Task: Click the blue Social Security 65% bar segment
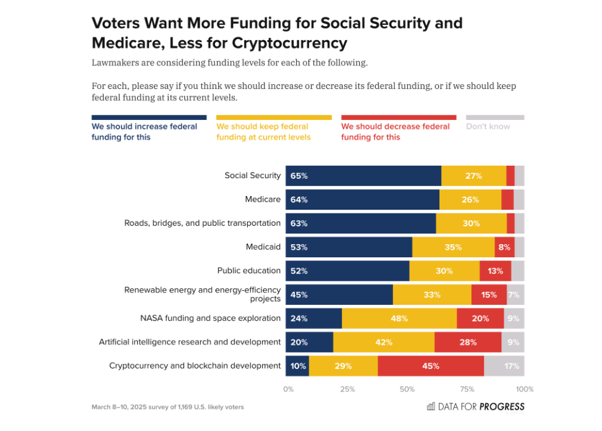tap(363, 176)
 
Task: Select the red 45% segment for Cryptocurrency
tap(431, 365)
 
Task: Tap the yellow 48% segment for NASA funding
tap(399, 318)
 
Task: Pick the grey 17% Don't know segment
tap(504, 365)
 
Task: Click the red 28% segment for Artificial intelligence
tap(467, 342)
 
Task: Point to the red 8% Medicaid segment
tap(504, 247)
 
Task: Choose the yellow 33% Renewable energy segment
tap(432, 294)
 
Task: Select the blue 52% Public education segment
tap(347, 271)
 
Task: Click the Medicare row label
tap(263, 199)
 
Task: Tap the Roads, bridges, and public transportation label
tap(203, 223)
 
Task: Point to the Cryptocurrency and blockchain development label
tap(195, 365)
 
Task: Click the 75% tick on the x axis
tap(467, 390)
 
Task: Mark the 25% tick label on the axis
tap(347, 390)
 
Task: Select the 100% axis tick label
tap(524, 390)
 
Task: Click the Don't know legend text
tap(488, 127)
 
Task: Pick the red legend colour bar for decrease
tap(399, 117)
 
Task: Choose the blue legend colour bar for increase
tap(149, 117)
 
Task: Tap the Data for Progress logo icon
tap(431, 406)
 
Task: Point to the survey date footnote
tap(167, 407)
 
